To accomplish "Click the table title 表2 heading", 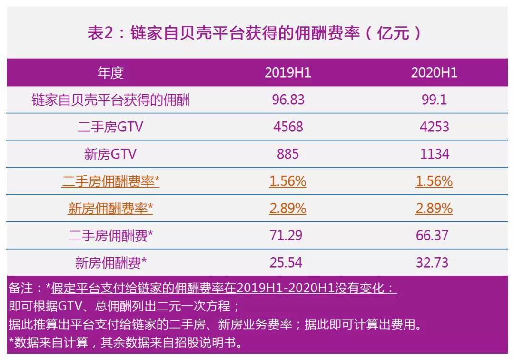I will (254, 33).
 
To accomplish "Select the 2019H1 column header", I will (287, 72).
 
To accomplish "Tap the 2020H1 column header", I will (434, 72).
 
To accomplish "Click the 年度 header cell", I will (110, 72).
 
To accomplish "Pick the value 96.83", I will (287, 100).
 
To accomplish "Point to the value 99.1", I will (434, 100).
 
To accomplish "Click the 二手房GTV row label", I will (110, 127).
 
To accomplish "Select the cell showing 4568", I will (287, 127).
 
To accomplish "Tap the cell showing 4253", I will (434, 127).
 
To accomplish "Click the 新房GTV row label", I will (110, 154).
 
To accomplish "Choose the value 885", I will (287, 154).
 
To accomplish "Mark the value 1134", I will (434, 154).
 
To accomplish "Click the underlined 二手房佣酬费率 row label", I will (110, 181).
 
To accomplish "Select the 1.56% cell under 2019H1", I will (287, 181).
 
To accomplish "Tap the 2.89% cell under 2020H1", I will (434, 209).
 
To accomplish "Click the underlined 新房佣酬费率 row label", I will (110, 209).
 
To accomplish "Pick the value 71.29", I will (287, 236).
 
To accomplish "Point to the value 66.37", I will (434, 236).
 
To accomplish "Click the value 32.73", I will (434, 263).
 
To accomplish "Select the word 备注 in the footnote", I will (20, 288).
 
